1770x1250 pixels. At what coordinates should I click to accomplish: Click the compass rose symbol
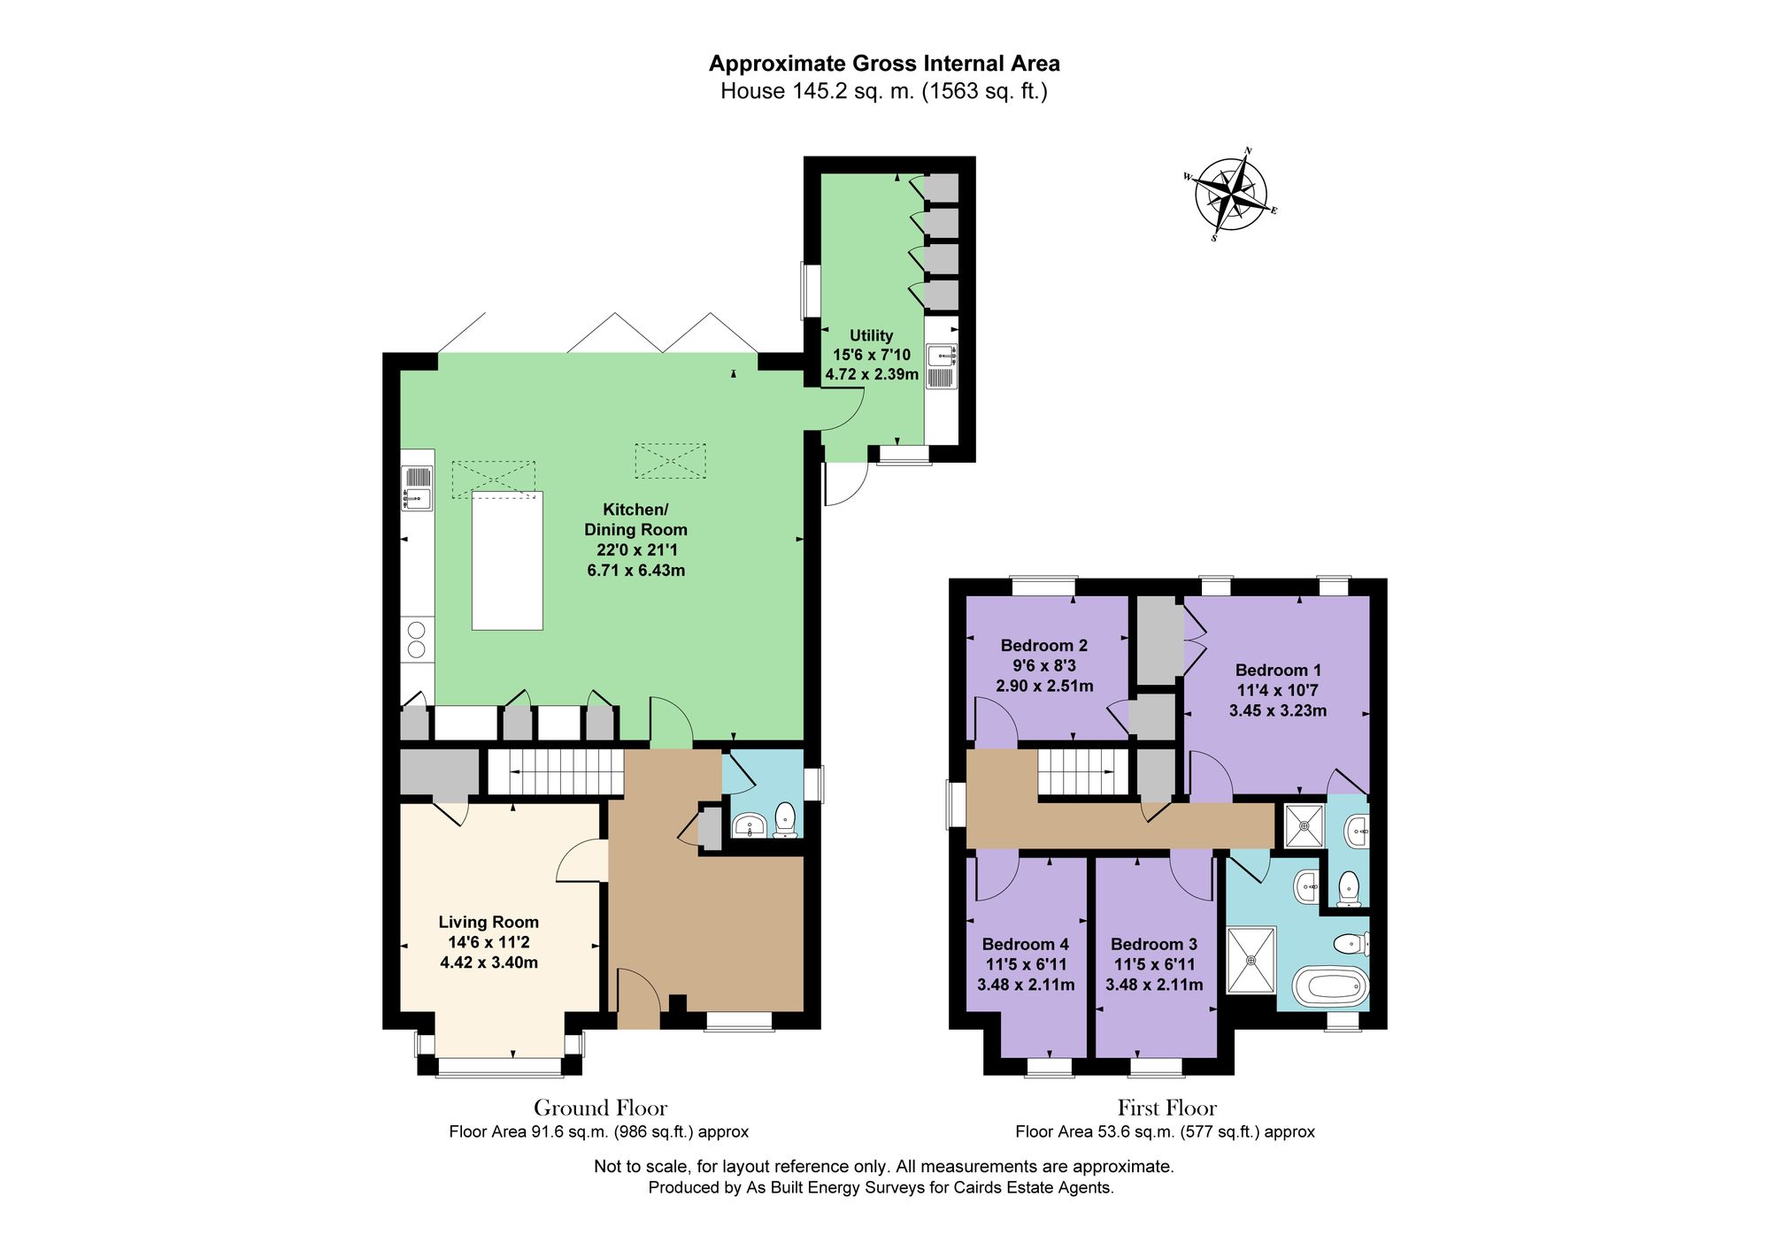[1231, 194]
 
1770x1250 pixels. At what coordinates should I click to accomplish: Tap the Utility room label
[872, 355]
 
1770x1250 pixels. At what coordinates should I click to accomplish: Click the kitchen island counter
[507, 560]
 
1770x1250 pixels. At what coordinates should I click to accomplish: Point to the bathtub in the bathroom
[1331, 985]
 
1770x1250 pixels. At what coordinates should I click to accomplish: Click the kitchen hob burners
[417, 640]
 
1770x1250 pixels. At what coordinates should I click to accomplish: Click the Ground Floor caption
[600, 1108]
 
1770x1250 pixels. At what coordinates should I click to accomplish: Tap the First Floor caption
[1166, 1108]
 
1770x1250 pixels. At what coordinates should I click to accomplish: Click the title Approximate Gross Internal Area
[884, 64]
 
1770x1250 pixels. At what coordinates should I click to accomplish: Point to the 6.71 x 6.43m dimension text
[635, 571]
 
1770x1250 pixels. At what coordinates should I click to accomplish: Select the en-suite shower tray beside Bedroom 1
[1304, 826]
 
